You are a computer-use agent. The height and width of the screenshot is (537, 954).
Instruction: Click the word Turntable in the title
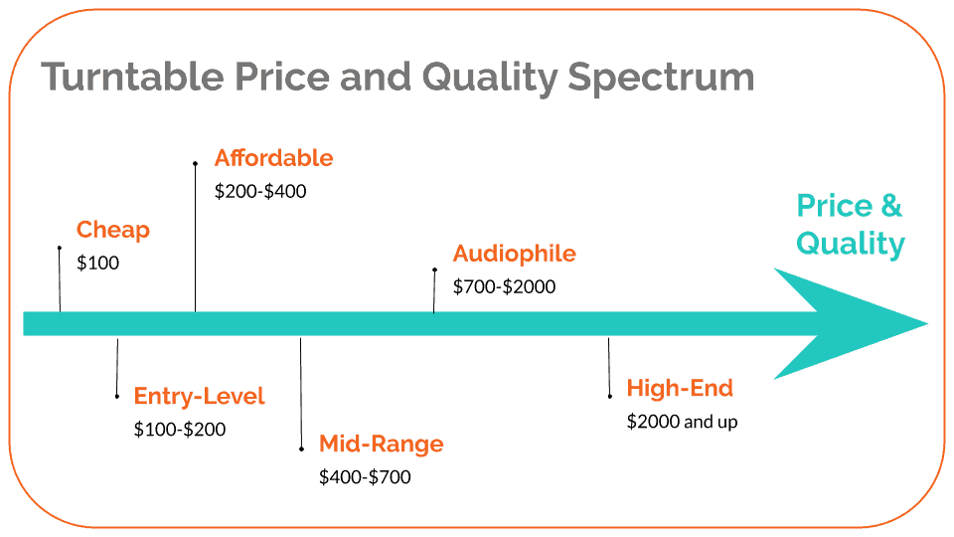coord(132,77)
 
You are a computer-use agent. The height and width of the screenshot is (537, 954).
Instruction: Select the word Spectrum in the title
coord(661,79)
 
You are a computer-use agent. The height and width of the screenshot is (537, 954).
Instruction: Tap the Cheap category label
coord(113,230)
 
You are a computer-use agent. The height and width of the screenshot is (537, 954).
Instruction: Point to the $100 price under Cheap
coord(98,263)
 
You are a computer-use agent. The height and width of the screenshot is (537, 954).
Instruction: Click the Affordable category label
coord(274,158)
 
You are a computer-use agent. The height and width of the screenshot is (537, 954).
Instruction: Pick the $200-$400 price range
coord(260,191)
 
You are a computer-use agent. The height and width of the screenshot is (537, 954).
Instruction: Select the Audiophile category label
coord(514,254)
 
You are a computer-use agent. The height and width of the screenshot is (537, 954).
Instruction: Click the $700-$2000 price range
coord(505,286)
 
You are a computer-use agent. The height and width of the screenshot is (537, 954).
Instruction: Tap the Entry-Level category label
coord(200,397)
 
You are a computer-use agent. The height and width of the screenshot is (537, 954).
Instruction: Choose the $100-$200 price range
coord(180,430)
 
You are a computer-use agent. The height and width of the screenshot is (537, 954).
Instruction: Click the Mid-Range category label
coord(382,444)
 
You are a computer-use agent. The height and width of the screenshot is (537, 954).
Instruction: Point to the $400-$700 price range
coord(365,476)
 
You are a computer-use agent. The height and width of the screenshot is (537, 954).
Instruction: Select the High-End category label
coord(680,389)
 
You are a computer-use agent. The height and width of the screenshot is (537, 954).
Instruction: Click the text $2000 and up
coord(682,422)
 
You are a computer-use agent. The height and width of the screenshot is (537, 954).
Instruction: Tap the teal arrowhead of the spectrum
coord(852,324)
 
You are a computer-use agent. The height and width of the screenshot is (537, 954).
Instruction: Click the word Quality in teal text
coord(851,244)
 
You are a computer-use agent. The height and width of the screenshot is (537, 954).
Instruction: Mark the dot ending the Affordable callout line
coord(196,164)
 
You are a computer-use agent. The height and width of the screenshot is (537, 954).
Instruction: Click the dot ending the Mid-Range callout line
coord(302,449)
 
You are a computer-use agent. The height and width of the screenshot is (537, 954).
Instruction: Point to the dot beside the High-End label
coord(609,397)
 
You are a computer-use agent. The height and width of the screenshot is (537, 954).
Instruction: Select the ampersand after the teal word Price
coord(891,205)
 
